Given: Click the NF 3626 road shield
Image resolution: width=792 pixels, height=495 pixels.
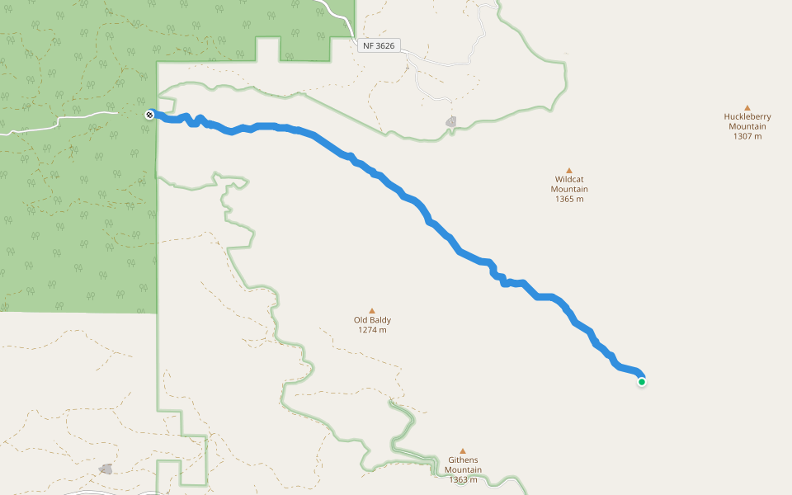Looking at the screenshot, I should (379, 46).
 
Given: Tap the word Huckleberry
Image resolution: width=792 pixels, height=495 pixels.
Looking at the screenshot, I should (747, 117).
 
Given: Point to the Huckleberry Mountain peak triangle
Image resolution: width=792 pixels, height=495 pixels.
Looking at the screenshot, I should (747, 107).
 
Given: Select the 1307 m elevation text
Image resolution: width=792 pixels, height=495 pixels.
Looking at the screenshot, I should (747, 136).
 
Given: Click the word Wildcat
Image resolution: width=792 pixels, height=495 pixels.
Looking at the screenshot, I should (569, 179).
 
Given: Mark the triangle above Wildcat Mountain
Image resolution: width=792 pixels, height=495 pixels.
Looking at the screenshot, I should (568, 170).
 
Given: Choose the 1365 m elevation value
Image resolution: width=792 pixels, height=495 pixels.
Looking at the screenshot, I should (569, 199).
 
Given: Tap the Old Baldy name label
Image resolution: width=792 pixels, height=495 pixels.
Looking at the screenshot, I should (372, 320).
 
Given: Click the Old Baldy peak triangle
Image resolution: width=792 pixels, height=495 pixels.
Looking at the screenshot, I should (371, 311).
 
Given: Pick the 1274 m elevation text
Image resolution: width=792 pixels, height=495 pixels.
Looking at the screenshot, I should (372, 330).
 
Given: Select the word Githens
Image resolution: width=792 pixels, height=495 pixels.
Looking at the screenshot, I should (463, 460).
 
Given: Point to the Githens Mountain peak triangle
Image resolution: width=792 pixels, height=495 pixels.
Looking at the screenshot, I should (462, 450).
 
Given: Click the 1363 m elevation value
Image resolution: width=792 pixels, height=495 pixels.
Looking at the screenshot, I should (463, 480).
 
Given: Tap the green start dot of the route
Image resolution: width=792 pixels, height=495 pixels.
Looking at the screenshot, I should (641, 381).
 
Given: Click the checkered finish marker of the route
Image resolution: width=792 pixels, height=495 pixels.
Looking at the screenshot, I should (148, 115).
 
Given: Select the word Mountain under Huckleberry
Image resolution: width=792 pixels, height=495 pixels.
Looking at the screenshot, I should (747, 126).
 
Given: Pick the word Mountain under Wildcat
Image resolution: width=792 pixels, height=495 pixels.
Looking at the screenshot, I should (569, 189).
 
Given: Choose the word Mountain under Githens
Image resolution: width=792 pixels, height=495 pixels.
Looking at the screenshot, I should (463, 470).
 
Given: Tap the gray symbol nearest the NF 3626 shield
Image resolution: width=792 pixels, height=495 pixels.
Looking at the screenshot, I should (450, 122).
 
